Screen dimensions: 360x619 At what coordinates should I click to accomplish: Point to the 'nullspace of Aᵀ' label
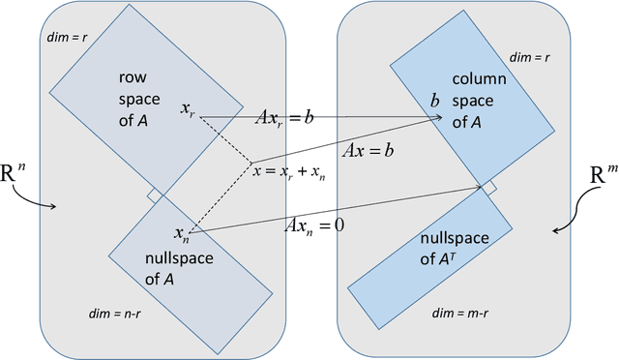point(443,249)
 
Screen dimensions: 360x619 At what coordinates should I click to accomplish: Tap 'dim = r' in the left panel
point(69,39)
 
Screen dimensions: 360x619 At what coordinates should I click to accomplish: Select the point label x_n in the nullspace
point(181,232)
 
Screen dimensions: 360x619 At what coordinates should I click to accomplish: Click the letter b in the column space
point(434,101)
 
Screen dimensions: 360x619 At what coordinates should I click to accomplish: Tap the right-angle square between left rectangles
point(154,196)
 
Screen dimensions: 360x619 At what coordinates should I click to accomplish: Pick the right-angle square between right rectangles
point(490,188)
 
